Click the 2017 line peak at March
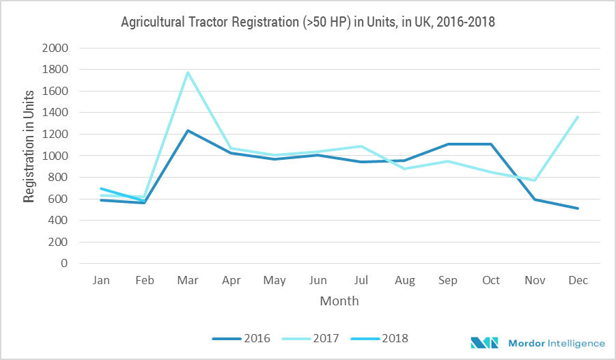click(188, 72)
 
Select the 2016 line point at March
click(188, 130)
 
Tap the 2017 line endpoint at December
click(578, 117)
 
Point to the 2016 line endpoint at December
click(578, 208)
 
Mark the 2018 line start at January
click(101, 189)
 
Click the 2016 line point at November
click(534, 199)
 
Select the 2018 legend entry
click(378, 338)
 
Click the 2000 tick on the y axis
click(56, 49)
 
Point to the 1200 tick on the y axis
click(56, 135)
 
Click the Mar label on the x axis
click(188, 280)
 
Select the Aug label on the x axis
click(404, 280)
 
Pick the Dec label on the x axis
click(578, 280)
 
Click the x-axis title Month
click(339, 301)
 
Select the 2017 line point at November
click(534, 180)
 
